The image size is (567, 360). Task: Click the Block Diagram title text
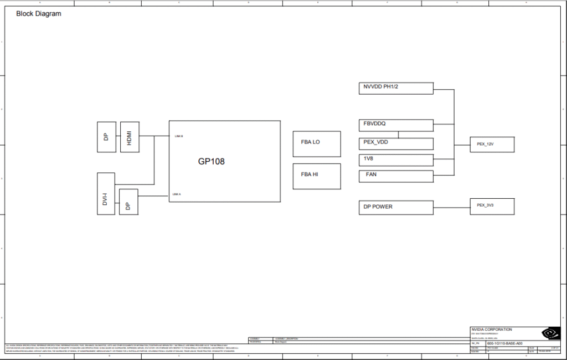(38, 13)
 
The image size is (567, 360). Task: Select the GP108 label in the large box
(212, 162)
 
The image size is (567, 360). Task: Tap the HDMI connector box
(130, 137)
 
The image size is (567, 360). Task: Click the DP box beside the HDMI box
(106, 137)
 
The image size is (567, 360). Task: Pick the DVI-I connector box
(106, 194)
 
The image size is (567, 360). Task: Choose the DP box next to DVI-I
(128, 202)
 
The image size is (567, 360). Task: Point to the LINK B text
(178, 136)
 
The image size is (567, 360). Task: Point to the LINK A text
(177, 194)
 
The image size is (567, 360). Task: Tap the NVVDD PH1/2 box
(396, 88)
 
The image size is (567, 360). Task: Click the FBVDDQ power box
(396, 125)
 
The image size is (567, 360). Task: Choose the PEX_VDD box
(396, 143)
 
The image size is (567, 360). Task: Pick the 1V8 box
(396, 160)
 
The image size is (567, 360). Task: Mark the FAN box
(396, 176)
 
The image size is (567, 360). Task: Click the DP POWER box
(396, 208)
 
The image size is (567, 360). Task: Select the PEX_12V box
(492, 144)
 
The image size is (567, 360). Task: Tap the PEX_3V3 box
(492, 205)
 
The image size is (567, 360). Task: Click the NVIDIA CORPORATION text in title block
(491, 330)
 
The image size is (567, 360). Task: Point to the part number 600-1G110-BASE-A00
(504, 343)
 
